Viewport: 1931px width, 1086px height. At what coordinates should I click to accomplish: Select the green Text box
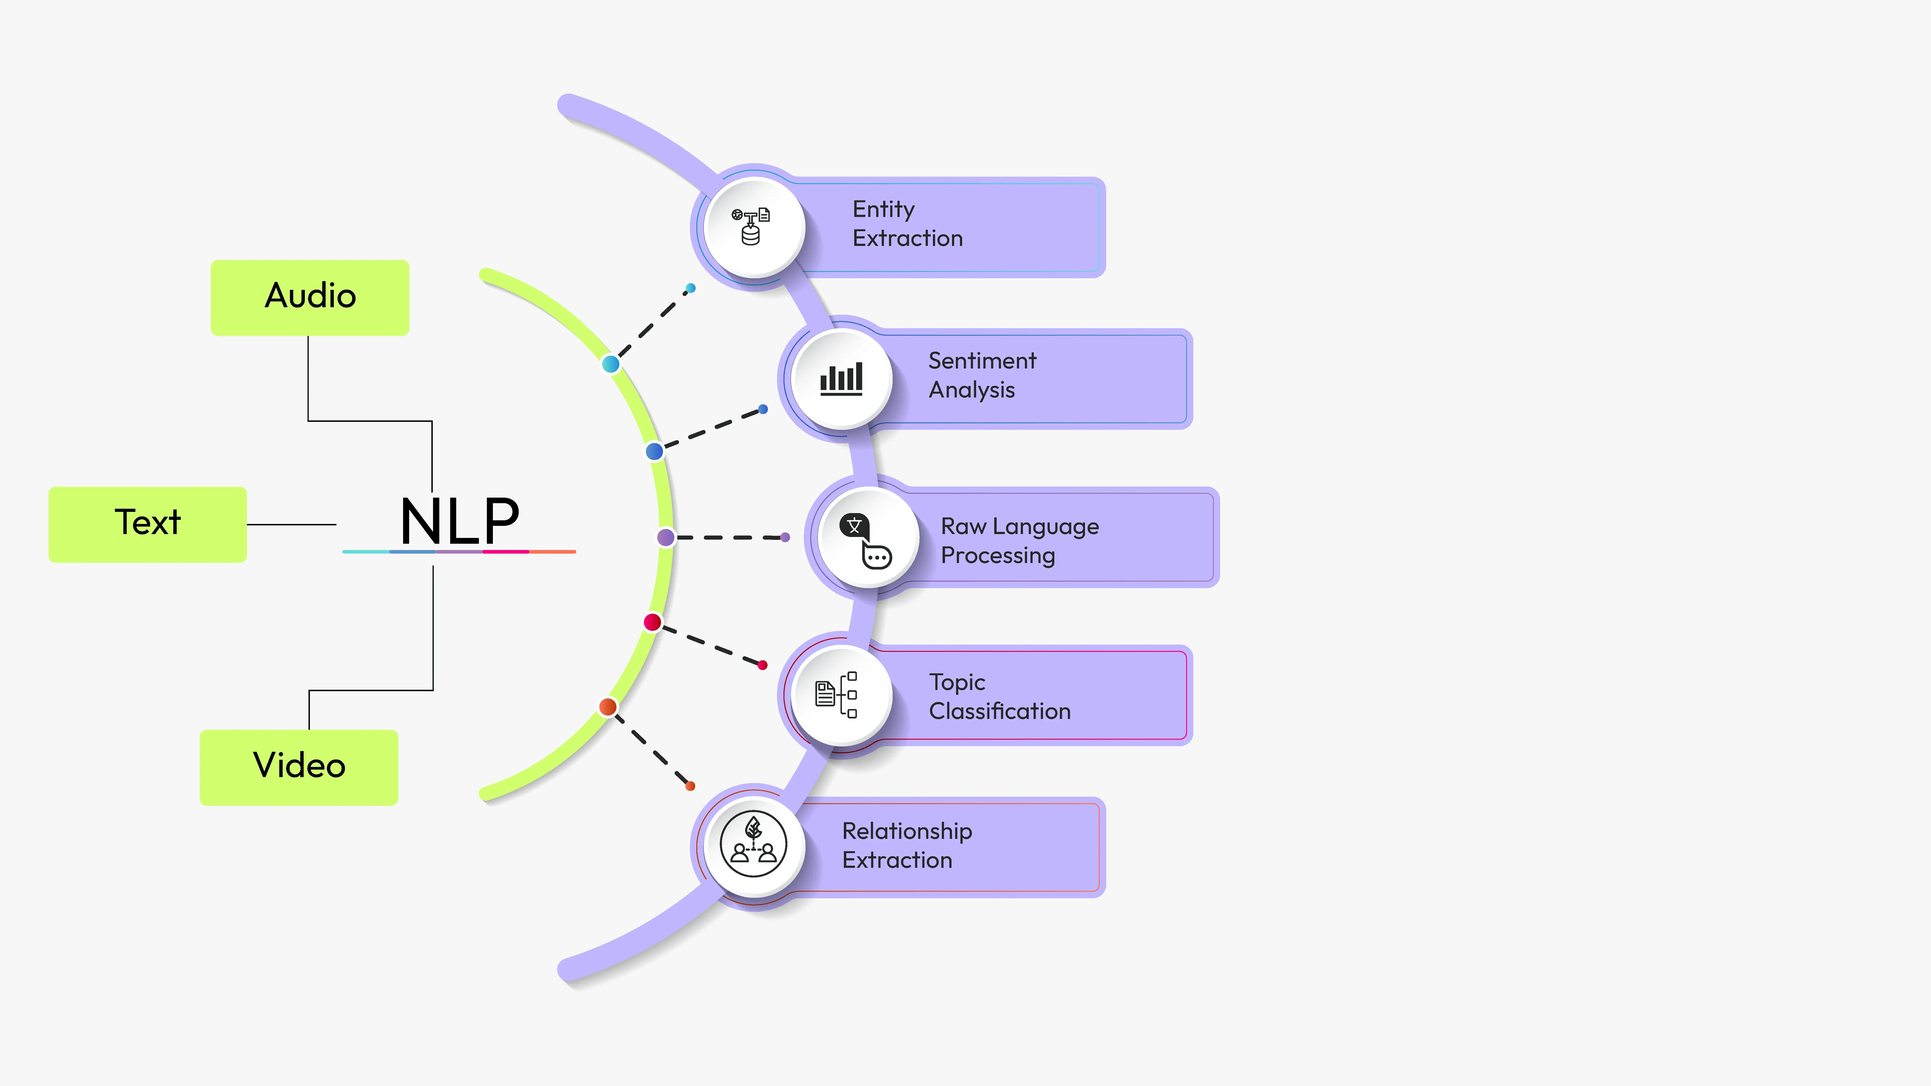[148, 524]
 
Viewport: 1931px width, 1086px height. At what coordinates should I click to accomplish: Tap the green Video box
[299, 767]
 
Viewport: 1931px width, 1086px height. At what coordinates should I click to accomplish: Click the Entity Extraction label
[907, 223]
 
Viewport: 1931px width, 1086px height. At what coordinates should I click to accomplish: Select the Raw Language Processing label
[1020, 540]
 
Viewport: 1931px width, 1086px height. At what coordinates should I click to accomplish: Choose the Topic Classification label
[999, 696]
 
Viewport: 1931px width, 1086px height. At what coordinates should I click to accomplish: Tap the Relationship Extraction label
[907, 845]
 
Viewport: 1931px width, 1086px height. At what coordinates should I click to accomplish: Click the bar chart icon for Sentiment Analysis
[841, 378]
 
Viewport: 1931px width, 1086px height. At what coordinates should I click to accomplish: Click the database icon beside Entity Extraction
[751, 226]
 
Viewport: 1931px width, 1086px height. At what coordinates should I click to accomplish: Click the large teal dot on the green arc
[611, 364]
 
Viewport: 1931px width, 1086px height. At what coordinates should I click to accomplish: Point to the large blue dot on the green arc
[654, 451]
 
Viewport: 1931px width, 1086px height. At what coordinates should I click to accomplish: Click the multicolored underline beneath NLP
[459, 552]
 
